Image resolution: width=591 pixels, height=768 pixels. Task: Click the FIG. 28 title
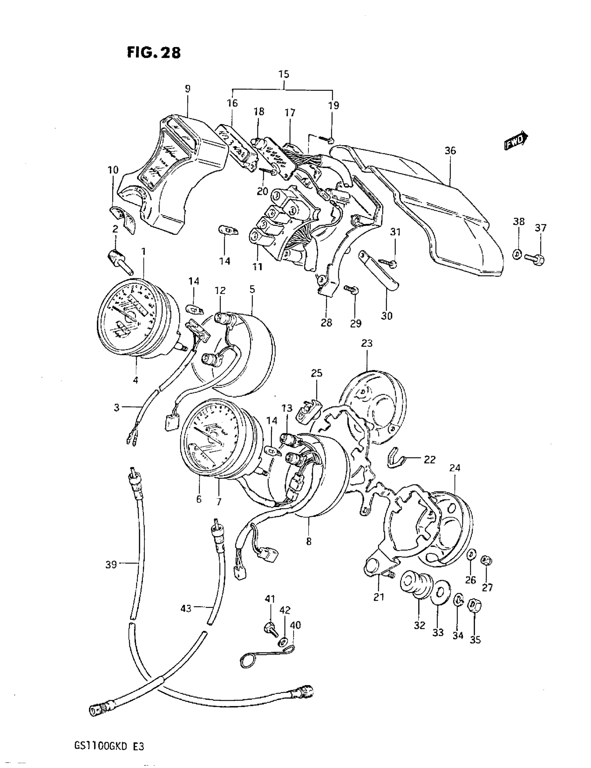(154, 53)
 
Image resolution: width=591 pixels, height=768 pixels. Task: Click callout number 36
(450, 151)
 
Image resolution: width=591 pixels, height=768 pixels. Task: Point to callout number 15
(284, 74)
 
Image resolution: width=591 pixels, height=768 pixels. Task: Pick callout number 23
(366, 343)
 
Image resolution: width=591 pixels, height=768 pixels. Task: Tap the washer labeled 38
(517, 254)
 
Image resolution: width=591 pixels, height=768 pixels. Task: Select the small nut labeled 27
(486, 560)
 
